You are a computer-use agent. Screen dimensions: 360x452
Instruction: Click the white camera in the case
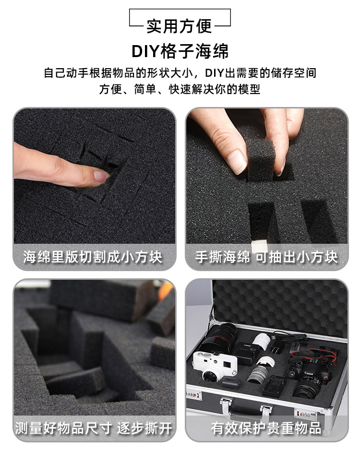tap(215, 365)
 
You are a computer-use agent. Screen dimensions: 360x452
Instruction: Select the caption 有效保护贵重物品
tap(266, 428)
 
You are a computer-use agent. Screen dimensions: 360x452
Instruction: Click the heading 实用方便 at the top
tap(180, 26)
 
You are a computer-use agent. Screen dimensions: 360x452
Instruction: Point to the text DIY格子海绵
tap(180, 51)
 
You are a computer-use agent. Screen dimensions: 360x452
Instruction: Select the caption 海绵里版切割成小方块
tap(93, 257)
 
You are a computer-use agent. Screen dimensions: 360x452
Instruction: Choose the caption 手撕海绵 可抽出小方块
tap(266, 257)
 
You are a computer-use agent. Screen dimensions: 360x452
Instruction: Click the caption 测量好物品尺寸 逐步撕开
tap(94, 428)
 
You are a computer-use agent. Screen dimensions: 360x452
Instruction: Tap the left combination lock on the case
tap(194, 394)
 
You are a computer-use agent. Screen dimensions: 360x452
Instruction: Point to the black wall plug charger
tap(277, 346)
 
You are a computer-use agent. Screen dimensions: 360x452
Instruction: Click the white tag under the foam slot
tap(259, 247)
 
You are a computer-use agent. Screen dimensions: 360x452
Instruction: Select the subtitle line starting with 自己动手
tap(180, 73)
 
